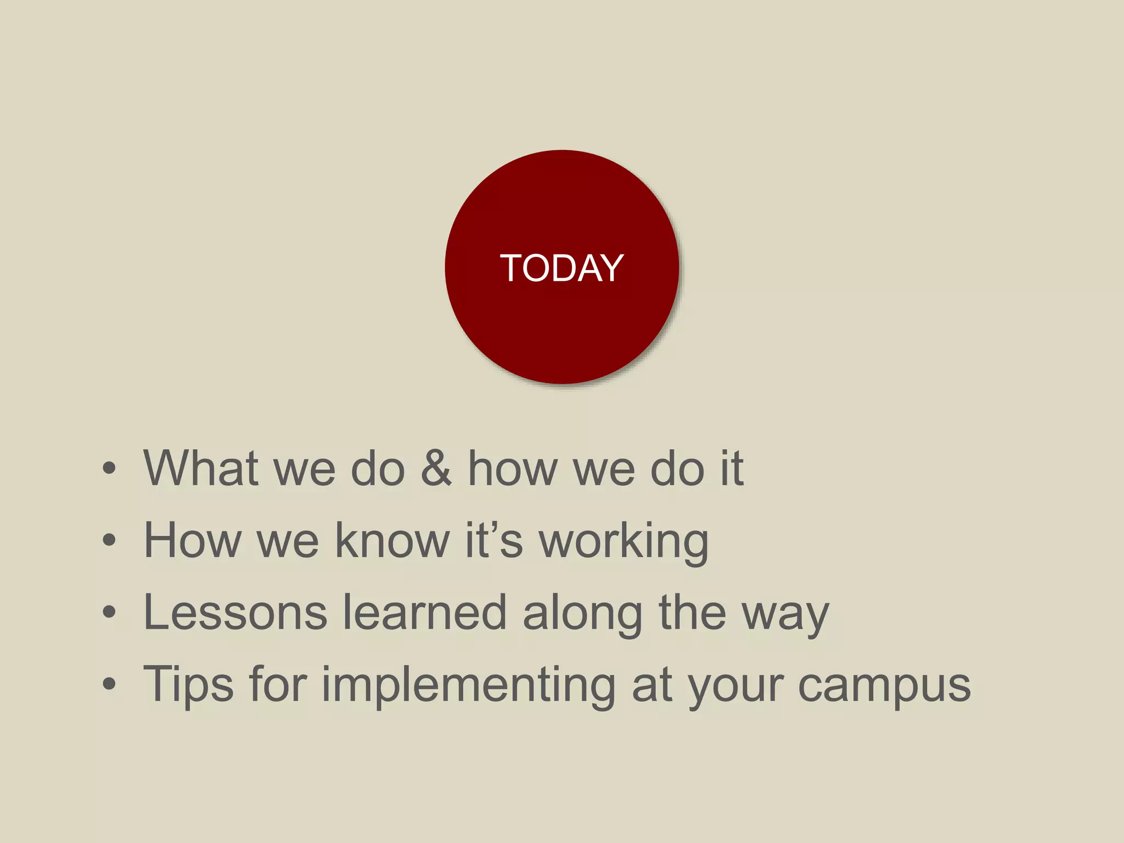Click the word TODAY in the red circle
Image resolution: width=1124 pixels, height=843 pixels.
pyautogui.click(x=561, y=268)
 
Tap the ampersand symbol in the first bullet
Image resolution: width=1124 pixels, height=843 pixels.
pyautogui.click(x=436, y=468)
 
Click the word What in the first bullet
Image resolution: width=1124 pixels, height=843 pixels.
pyautogui.click(x=201, y=468)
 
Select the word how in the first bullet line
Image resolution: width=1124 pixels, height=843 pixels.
pyautogui.click(x=512, y=468)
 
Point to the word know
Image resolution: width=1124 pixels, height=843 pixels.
pyautogui.click(x=392, y=540)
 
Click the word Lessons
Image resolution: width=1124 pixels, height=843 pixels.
pyautogui.click(x=235, y=612)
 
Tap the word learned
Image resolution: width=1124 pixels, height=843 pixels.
pyautogui.click(x=425, y=612)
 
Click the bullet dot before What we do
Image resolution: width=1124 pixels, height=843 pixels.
pyautogui.click(x=109, y=468)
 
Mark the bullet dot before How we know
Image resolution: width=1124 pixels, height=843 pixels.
pyautogui.click(x=109, y=540)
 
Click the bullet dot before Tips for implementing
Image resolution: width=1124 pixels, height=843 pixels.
pyautogui.click(x=109, y=684)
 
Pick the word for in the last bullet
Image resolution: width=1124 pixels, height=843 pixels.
pyautogui.click(x=277, y=684)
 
